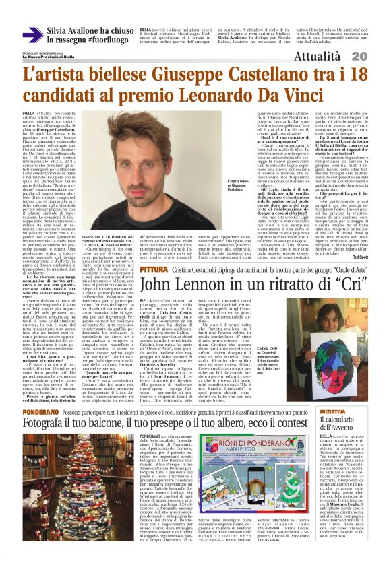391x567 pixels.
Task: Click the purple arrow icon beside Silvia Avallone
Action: click(x=33, y=34)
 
